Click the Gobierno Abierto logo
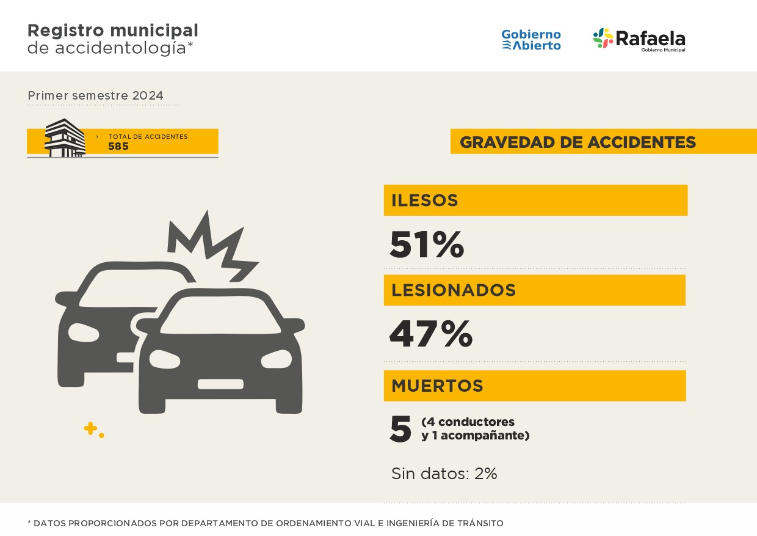pos(531,40)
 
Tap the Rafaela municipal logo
pos(639,40)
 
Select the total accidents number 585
pos(118,147)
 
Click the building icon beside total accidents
pos(65,138)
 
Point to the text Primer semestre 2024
pos(95,96)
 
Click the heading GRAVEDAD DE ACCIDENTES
pos(578,142)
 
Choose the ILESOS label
pos(425,200)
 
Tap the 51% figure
pos(427,244)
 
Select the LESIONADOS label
pos(454,290)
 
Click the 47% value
pos(430,334)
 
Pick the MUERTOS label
pos(437,386)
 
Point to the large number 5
pos(400,430)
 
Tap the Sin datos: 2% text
pos(444,474)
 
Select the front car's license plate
pos(220,384)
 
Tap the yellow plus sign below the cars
pos(90,428)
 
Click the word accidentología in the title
pos(120,48)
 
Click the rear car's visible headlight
pos(84,332)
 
